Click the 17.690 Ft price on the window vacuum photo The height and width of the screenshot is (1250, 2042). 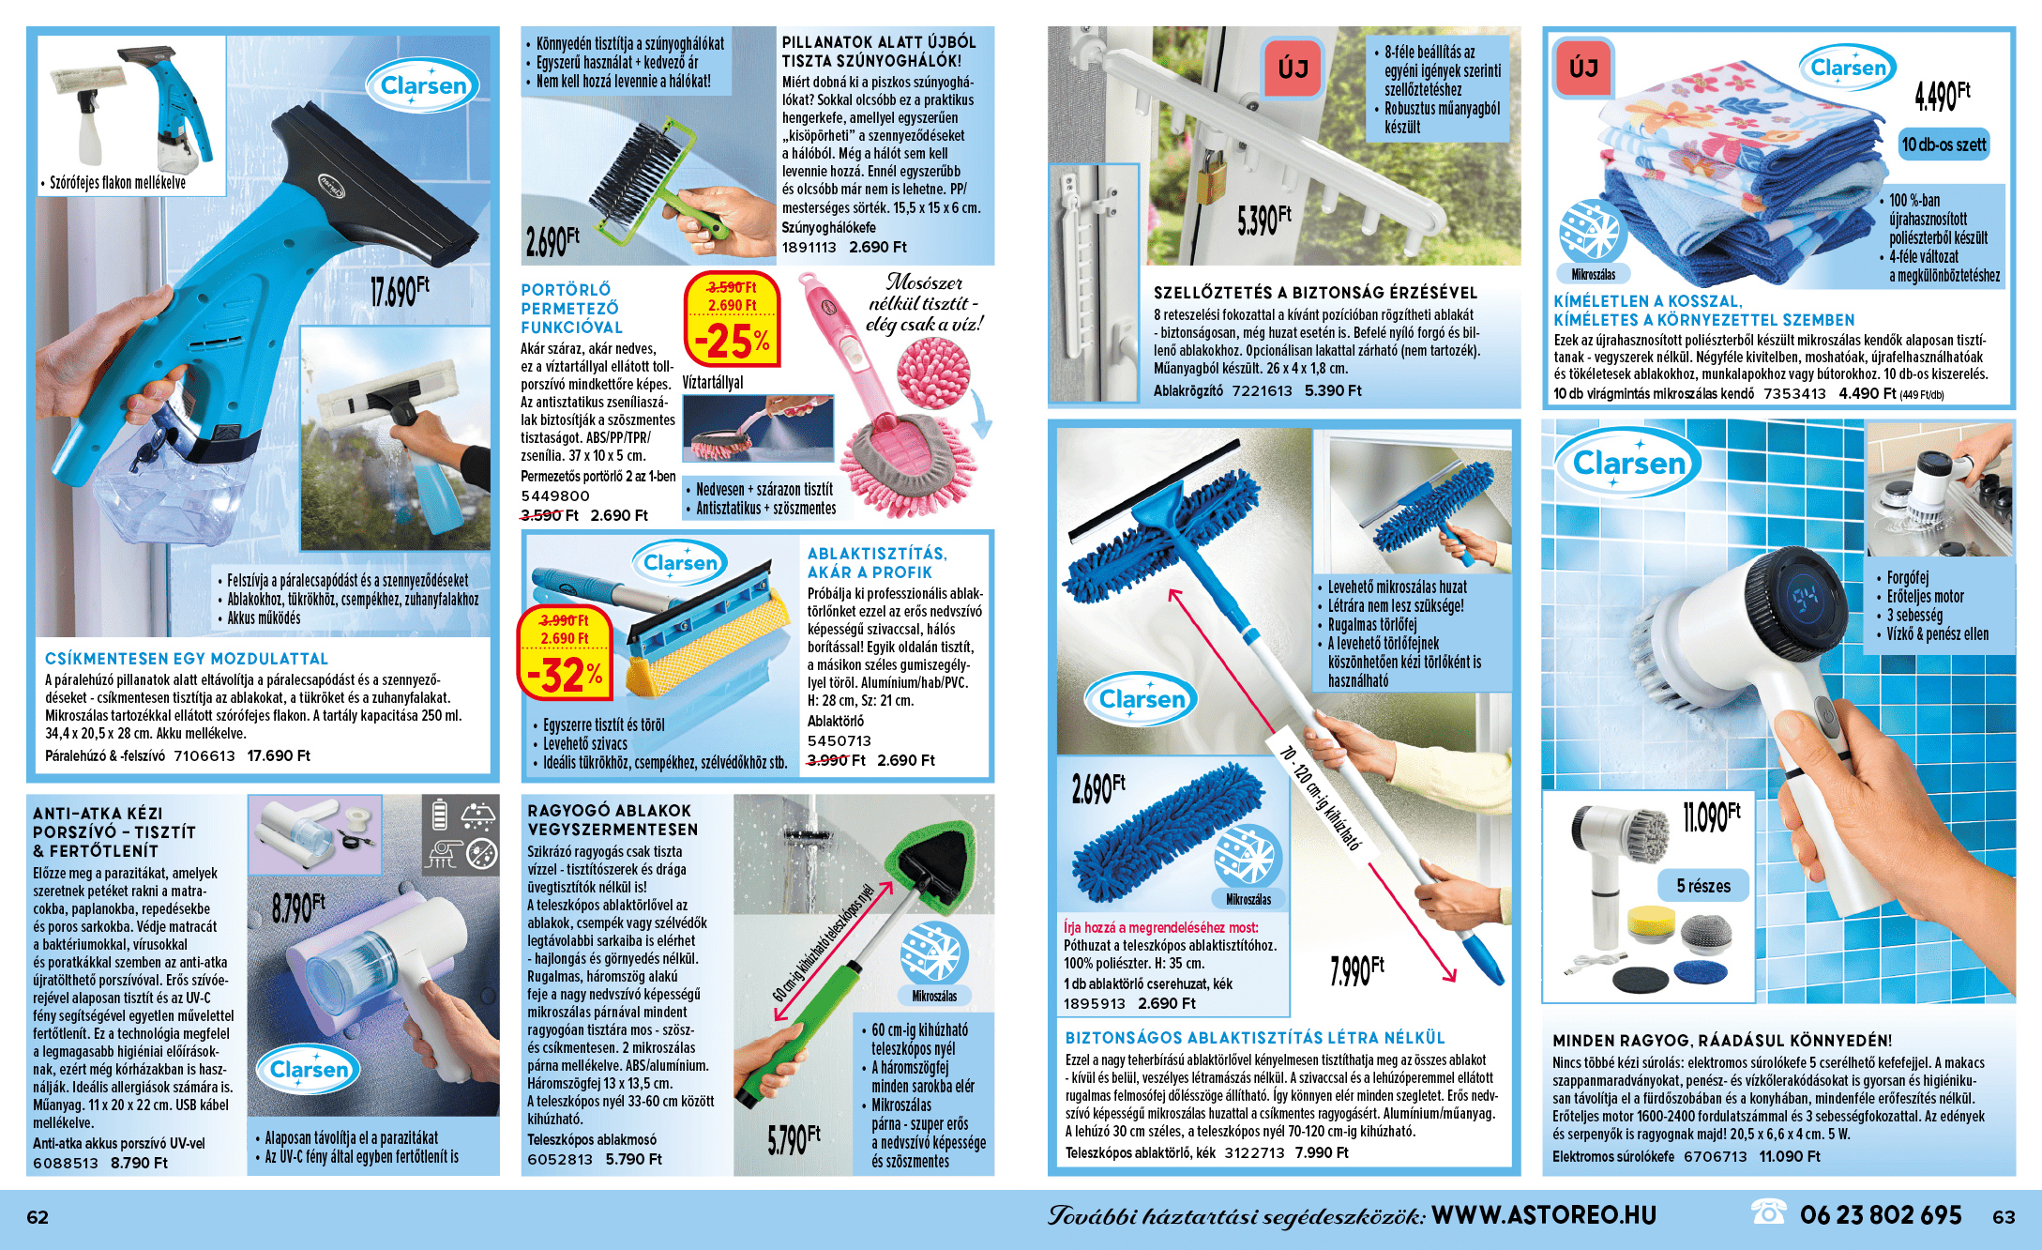(x=401, y=291)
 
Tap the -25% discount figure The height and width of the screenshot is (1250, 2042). (x=733, y=341)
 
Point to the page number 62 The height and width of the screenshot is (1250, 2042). (x=38, y=1217)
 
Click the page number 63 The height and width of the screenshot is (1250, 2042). (x=2004, y=1217)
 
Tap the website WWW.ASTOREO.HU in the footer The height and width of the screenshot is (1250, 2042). (x=1544, y=1215)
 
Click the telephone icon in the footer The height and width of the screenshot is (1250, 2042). (x=1768, y=1213)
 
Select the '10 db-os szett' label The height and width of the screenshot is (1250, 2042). (x=1944, y=145)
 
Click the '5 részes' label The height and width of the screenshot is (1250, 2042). (x=1703, y=886)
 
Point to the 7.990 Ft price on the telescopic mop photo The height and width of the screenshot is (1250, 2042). (x=1357, y=970)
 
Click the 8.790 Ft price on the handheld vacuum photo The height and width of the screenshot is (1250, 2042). (x=298, y=907)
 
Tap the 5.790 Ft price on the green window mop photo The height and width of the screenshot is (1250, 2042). (x=794, y=1139)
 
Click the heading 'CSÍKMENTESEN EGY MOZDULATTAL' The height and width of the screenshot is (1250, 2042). (x=187, y=659)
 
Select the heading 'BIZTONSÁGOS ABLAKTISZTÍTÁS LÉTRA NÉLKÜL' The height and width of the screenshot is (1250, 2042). (x=1255, y=1038)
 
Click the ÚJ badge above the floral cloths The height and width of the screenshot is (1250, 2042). (x=1583, y=68)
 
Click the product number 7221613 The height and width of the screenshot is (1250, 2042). (x=1262, y=390)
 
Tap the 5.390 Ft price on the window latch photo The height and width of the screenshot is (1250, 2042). (x=1264, y=221)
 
